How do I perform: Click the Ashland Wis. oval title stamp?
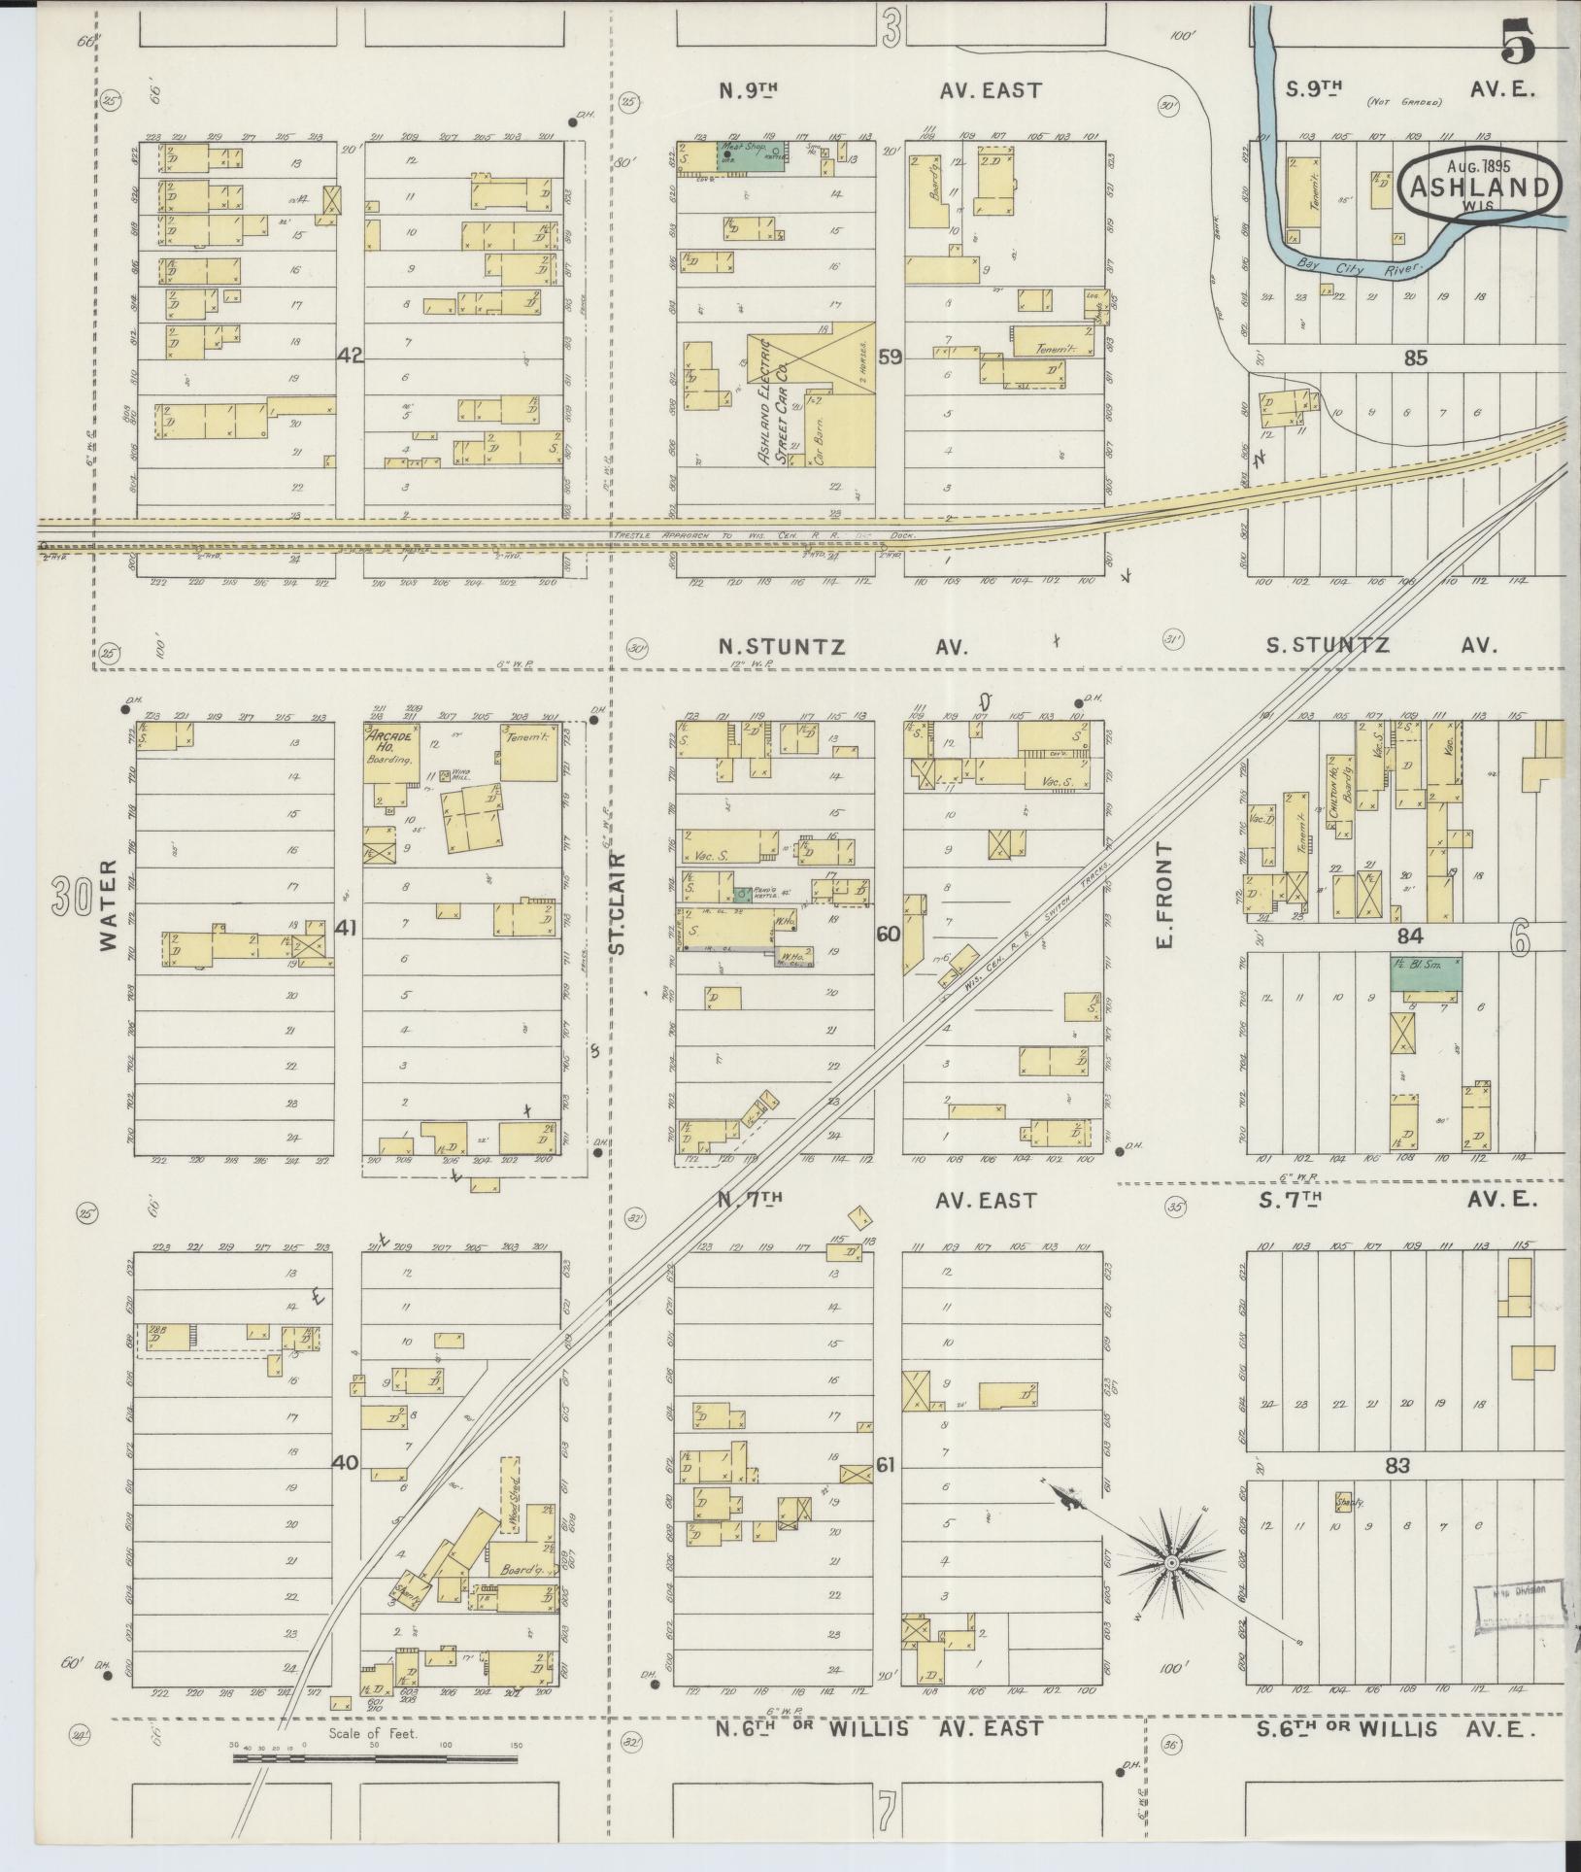click(1480, 183)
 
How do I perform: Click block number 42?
click(350, 357)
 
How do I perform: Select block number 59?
click(890, 357)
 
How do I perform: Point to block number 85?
click(1415, 358)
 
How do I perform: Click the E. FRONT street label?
click(1165, 896)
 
